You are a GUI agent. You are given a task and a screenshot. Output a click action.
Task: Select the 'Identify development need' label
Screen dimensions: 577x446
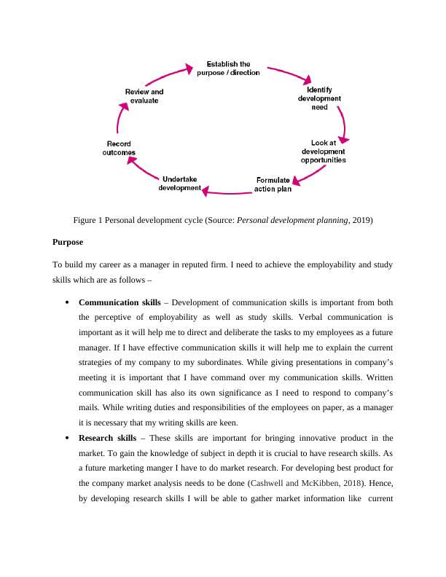[319, 98]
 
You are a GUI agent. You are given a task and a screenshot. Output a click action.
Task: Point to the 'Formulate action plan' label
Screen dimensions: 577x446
[273, 185]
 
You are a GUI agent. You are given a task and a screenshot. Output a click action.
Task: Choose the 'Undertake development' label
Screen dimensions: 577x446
[179, 184]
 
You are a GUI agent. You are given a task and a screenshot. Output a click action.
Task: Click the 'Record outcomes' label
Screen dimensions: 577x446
[119, 149]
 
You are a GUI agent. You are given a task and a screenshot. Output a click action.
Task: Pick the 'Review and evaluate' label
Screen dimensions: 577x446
[144, 96]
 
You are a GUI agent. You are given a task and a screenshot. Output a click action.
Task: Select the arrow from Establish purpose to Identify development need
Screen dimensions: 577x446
[290, 76]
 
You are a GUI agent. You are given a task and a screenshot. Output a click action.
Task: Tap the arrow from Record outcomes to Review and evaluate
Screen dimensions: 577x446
[120, 118]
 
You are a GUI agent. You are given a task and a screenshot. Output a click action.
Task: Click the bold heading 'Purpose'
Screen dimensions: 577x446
[68, 241]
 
